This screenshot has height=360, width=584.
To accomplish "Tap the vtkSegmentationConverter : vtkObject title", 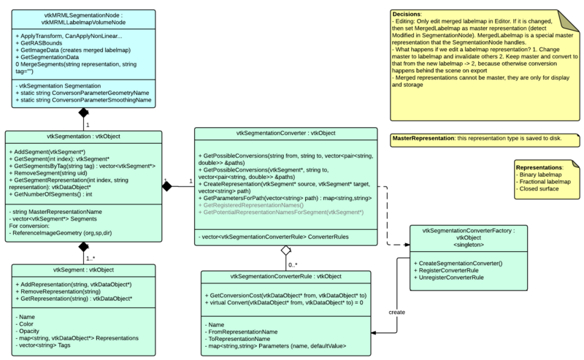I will (x=286, y=132).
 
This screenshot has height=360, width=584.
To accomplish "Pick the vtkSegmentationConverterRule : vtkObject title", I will (x=290, y=276).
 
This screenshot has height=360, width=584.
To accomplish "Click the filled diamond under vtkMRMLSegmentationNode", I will (x=83, y=114).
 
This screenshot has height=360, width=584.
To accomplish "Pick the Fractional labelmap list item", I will (x=544, y=181).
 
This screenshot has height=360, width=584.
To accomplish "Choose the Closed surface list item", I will (x=539, y=188).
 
